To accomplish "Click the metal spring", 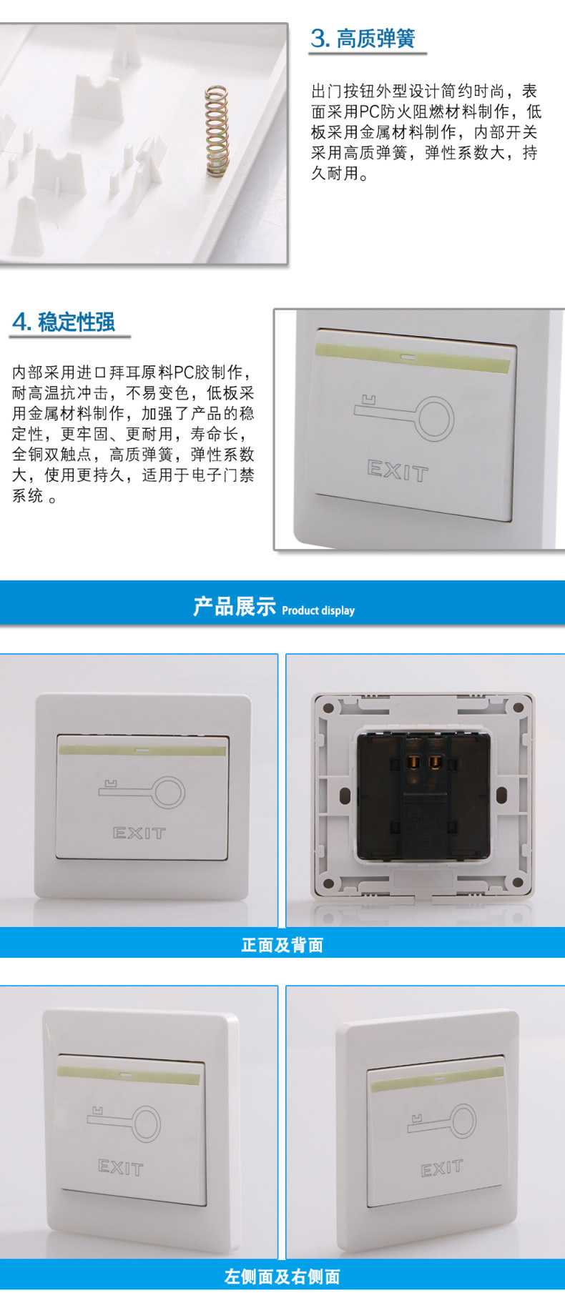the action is (216, 130).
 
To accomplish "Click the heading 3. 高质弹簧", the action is (363, 38).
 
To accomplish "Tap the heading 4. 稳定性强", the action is (64, 322).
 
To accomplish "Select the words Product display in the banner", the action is (318, 610).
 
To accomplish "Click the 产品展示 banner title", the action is (235, 606).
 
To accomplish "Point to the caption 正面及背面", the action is (282, 945).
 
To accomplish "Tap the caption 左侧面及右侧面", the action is (282, 1277).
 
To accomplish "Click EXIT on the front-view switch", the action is (139, 833).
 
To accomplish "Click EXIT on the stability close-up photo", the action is (398, 471).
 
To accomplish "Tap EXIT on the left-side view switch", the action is (121, 1167).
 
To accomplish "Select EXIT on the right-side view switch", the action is (441, 1169).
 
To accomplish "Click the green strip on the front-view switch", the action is (143, 750).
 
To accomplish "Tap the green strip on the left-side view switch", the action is (129, 1076).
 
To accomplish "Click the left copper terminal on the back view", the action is (412, 763).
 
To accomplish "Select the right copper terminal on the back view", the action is (433, 763).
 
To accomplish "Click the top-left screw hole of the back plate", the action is (328, 709).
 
